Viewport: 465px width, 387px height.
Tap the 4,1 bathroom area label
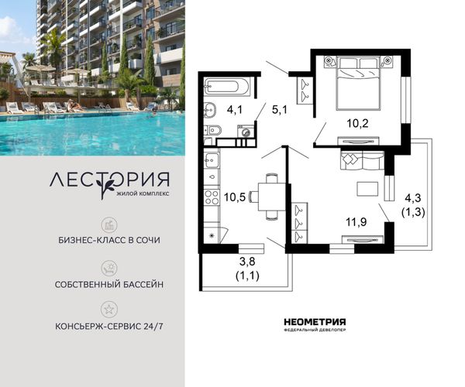pos(235,110)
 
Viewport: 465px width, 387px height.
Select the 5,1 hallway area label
pos(279,110)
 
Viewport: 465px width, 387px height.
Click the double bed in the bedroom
pos(358,84)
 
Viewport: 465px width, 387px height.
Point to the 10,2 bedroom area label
pos(357,123)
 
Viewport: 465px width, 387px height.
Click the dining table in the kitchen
pos(272,197)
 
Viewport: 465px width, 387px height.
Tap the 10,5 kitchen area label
pos(235,197)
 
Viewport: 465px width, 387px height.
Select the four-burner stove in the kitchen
pos(212,197)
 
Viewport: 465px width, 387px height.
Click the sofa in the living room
pos(362,160)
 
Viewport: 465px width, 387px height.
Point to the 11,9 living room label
pos(356,222)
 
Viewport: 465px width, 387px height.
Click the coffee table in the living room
pos(367,189)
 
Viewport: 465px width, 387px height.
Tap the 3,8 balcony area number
pos(247,262)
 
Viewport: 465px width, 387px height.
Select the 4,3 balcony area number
pos(413,198)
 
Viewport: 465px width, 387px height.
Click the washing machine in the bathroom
pos(246,132)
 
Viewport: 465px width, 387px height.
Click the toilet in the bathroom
pos(212,130)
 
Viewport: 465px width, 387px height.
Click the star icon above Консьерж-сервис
pos(108,310)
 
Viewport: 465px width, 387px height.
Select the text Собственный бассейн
pos(109,285)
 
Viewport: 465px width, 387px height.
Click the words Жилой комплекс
pos(143,194)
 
